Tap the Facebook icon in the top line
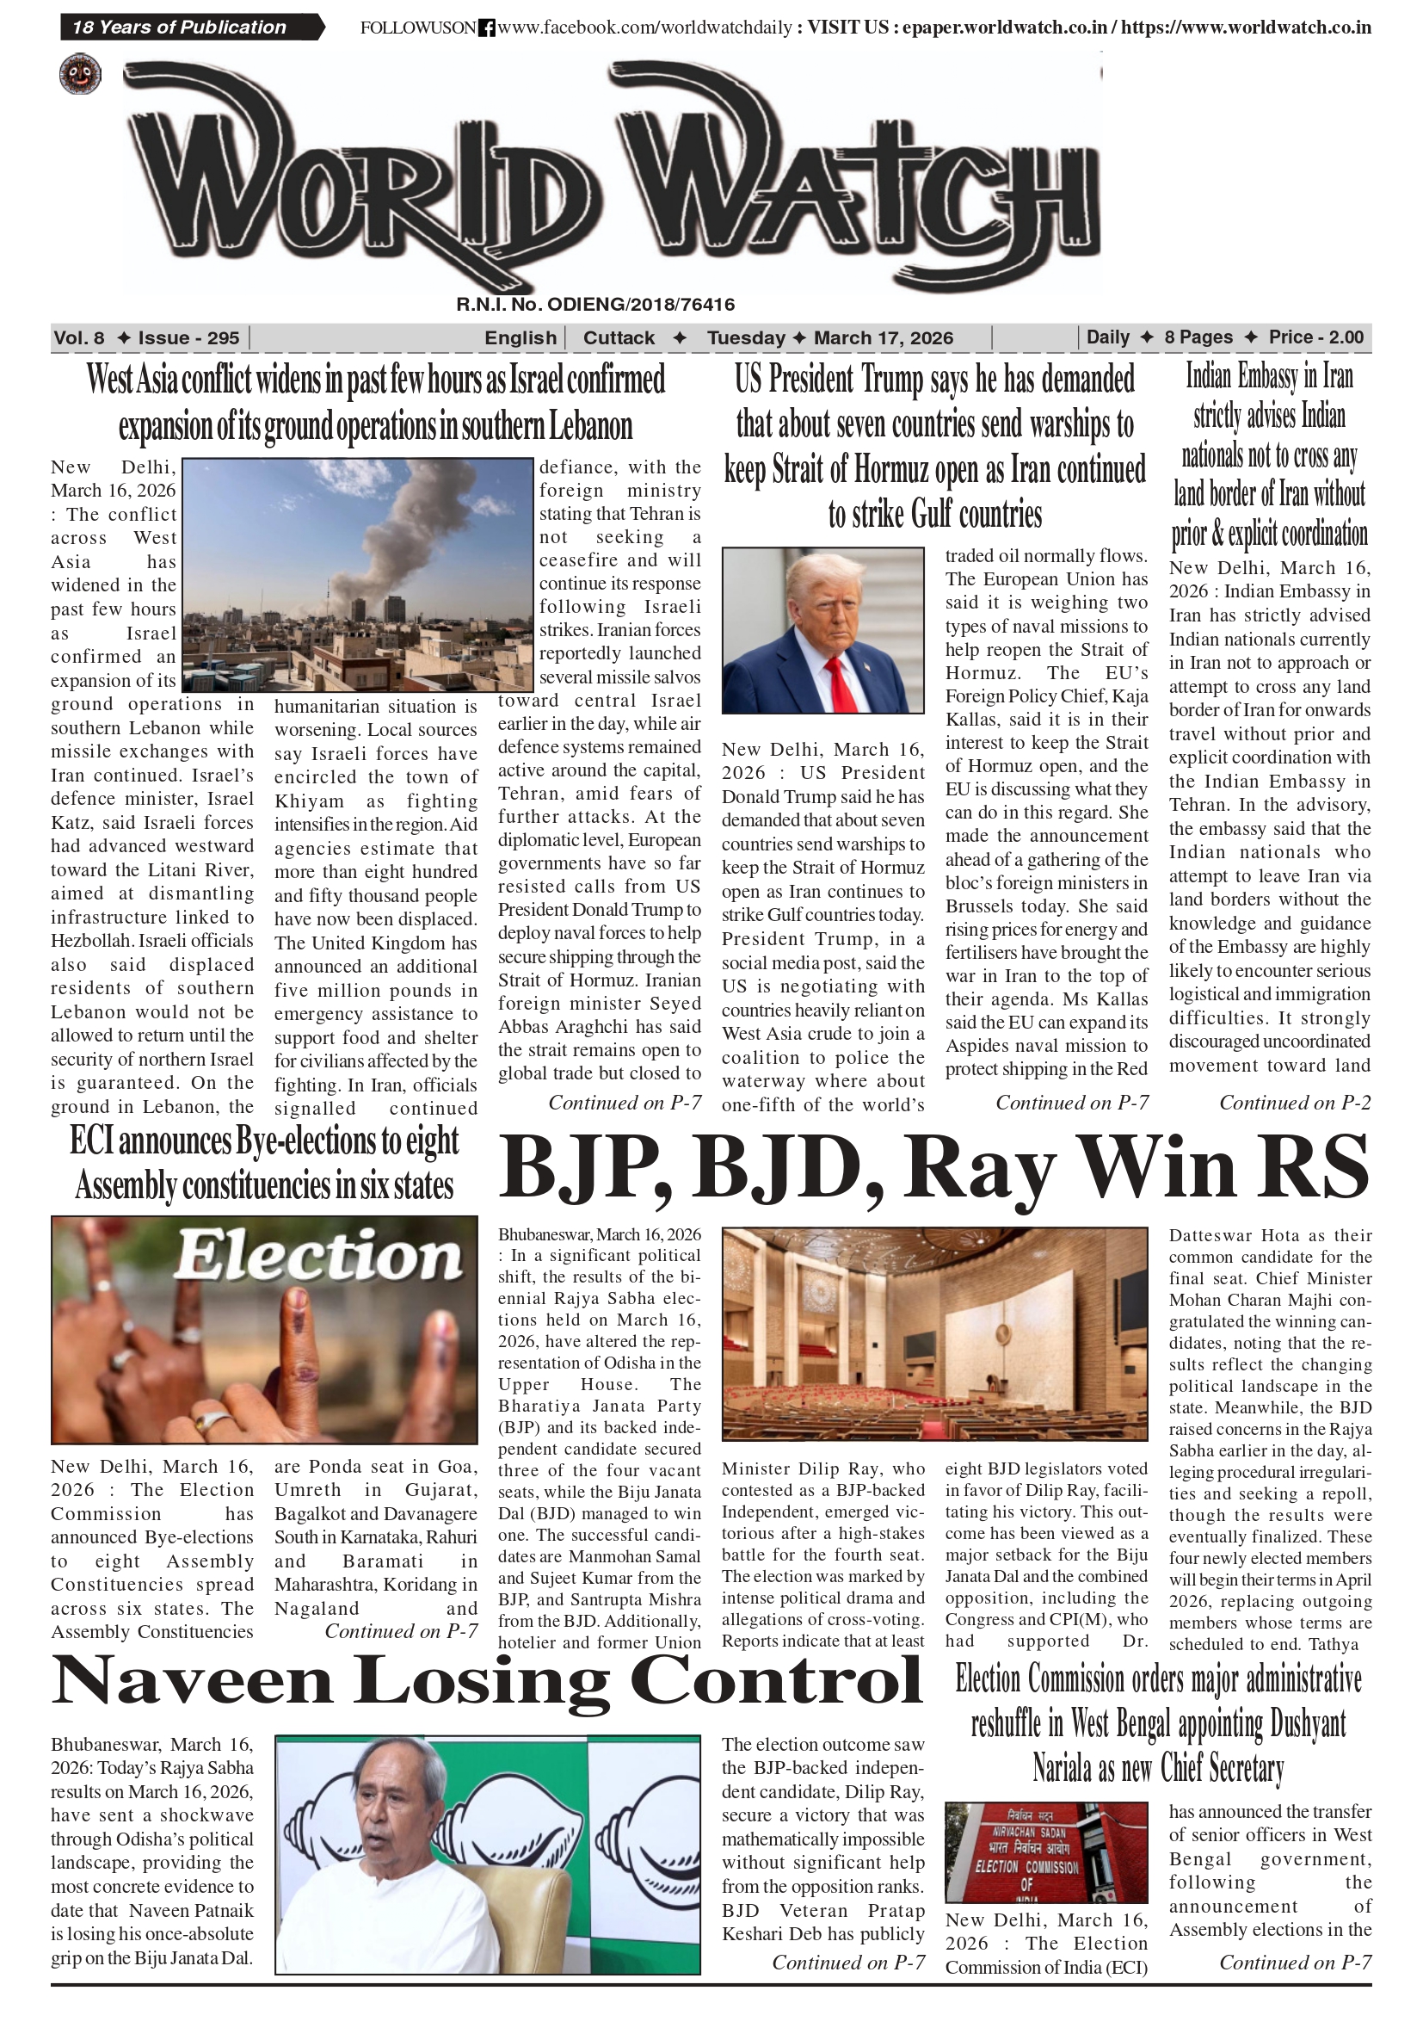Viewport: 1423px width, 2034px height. pyautogui.click(x=486, y=28)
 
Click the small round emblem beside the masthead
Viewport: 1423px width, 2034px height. pyautogui.click(x=81, y=74)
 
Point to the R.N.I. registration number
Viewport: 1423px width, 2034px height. pyautogui.click(x=595, y=305)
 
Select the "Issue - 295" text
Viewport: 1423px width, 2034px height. pyautogui.click(x=188, y=337)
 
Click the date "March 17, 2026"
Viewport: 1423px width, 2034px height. pyautogui.click(x=883, y=337)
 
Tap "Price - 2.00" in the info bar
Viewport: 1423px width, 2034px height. pyautogui.click(x=1315, y=337)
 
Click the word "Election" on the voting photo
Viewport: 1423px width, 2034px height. pyautogui.click(x=317, y=1256)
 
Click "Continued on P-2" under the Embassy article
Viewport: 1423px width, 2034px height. pyautogui.click(x=1295, y=1103)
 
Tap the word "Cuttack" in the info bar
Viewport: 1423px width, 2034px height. pyautogui.click(x=619, y=337)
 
